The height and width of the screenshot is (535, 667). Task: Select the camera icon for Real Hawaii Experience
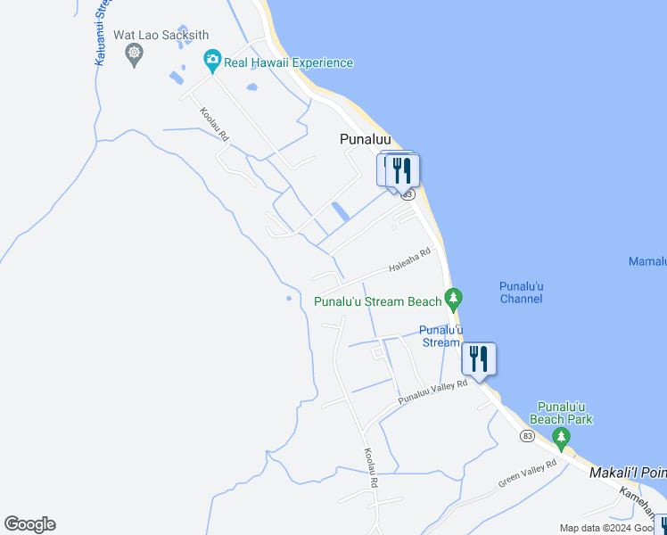(x=212, y=62)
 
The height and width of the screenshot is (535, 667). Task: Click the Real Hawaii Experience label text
(x=288, y=62)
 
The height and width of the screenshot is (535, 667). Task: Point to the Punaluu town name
(x=366, y=139)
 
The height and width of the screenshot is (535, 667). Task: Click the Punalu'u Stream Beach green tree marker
(x=454, y=297)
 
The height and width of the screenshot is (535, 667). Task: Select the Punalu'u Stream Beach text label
(x=377, y=301)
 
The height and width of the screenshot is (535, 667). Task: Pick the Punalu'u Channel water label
(x=521, y=292)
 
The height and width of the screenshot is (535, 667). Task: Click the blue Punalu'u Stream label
(x=440, y=336)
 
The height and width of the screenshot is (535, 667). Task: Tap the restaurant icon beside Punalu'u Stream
(x=479, y=359)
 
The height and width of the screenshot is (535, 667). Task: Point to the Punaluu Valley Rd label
(x=432, y=391)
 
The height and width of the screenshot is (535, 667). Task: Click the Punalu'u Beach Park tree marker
(x=561, y=437)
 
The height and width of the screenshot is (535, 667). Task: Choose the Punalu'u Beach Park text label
(x=561, y=412)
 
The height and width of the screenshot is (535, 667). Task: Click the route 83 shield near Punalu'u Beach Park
(x=527, y=435)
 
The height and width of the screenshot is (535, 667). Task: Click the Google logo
(x=29, y=524)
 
